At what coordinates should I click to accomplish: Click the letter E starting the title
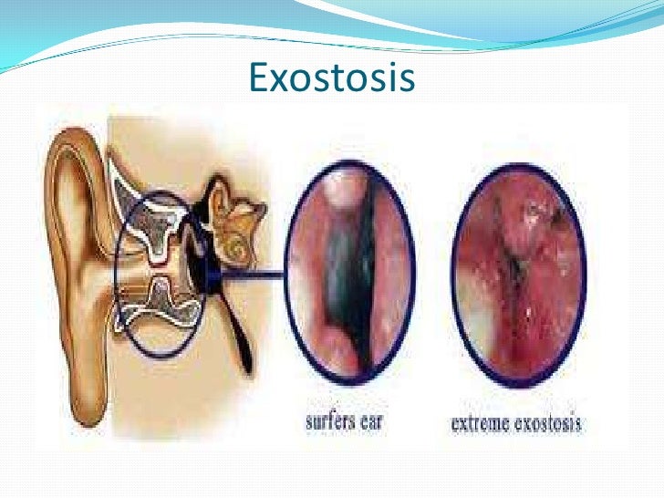tap(258, 79)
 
